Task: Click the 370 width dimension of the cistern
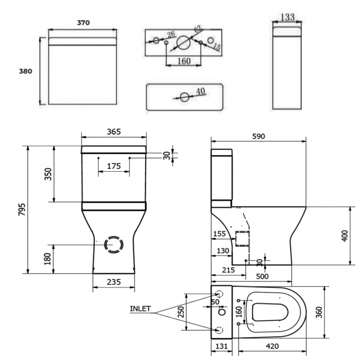click(x=84, y=23)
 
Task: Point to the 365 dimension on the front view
click(x=114, y=132)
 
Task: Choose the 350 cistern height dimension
click(x=48, y=174)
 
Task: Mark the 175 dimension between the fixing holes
click(x=114, y=166)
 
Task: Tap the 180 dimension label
click(x=48, y=258)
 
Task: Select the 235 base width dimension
click(x=114, y=281)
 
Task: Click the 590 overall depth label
click(x=259, y=136)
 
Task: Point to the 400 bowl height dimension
click(x=344, y=236)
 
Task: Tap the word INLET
click(x=140, y=308)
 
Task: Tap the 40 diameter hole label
click(x=200, y=91)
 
